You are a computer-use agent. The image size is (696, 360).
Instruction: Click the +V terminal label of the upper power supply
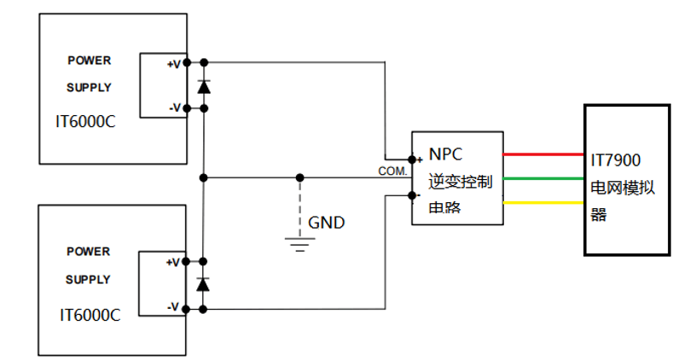pyautogui.click(x=173, y=65)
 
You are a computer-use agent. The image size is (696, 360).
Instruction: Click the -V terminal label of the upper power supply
pyautogui.click(x=173, y=107)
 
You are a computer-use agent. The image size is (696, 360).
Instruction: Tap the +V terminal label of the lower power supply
pyautogui.click(x=173, y=262)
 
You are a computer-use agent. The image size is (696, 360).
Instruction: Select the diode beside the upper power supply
pyautogui.click(x=204, y=86)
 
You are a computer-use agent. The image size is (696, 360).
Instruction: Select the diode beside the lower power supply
pyautogui.click(x=204, y=284)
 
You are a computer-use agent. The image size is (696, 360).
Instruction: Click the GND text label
pyautogui.click(x=327, y=223)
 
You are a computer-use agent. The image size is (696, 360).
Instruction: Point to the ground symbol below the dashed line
pyautogui.click(x=299, y=244)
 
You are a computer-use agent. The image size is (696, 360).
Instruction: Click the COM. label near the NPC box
pyautogui.click(x=392, y=171)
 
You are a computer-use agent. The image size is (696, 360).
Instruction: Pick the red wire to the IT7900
pyautogui.click(x=543, y=154)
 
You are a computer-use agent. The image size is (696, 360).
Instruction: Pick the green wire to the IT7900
pyautogui.click(x=543, y=178)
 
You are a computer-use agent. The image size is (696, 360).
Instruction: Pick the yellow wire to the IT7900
pyautogui.click(x=543, y=203)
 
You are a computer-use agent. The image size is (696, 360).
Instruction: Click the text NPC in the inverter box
pyautogui.click(x=447, y=154)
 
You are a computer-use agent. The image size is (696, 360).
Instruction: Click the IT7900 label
pyautogui.click(x=616, y=160)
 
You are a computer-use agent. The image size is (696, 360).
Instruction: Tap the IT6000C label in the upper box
pyautogui.click(x=84, y=121)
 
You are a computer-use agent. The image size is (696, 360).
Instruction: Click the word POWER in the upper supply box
pyautogui.click(x=90, y=61)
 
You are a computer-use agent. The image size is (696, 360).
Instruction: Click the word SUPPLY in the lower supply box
pyautogui.click(x=89, y=280)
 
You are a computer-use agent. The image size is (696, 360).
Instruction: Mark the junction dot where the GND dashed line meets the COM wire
pyautogui.click(x=299, y=177)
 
